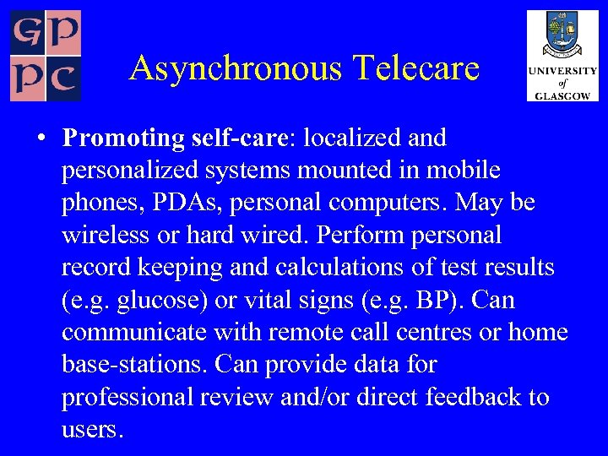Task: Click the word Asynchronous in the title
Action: tap(234, 68)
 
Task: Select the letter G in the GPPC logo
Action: tap(27, 33)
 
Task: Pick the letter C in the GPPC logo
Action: tap(64, 80)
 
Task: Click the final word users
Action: tap(92, 430)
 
